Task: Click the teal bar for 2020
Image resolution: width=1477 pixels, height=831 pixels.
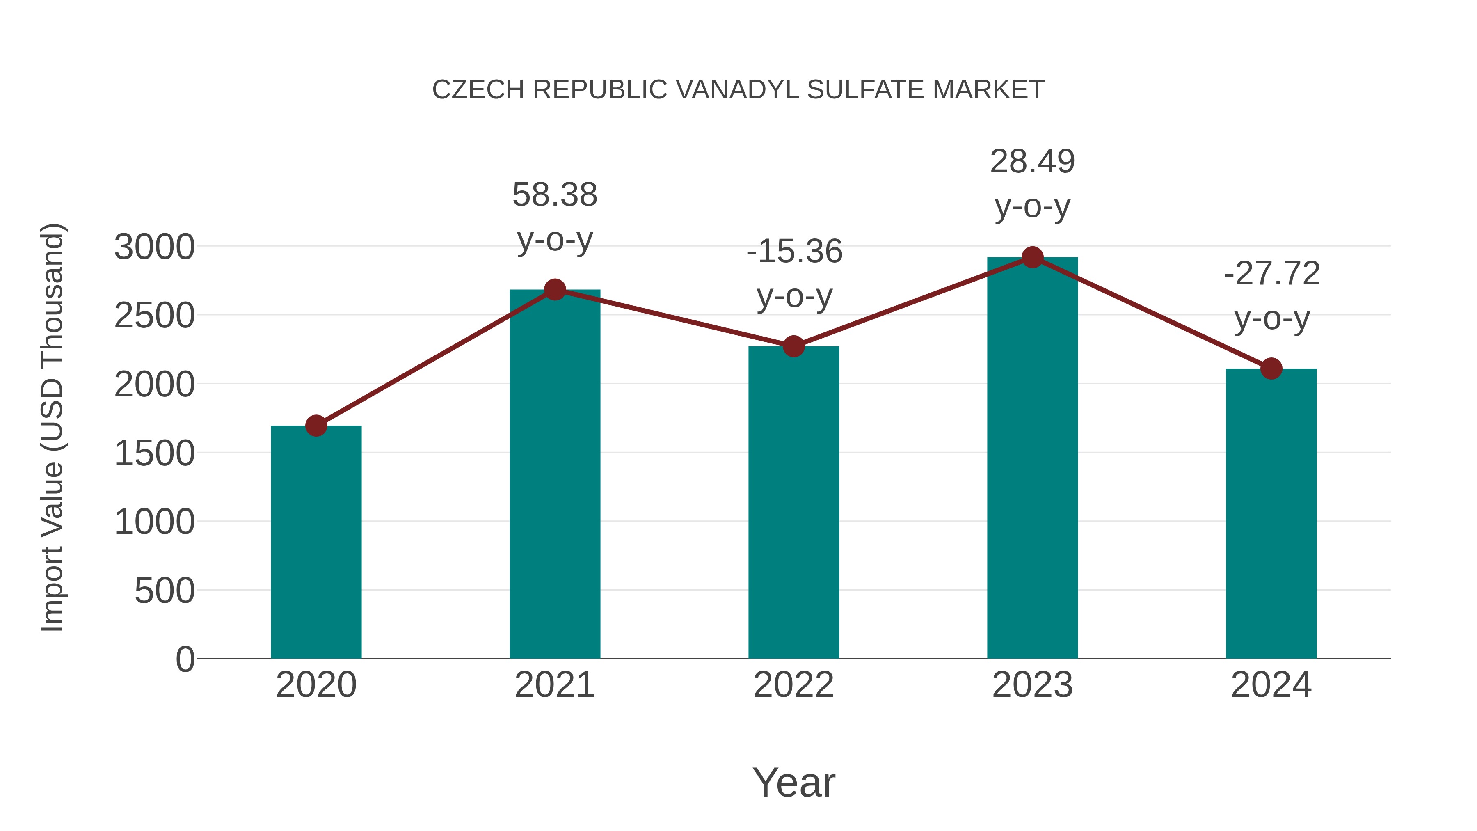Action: [316, 542]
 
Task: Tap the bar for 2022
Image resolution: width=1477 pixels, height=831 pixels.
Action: [793, 502]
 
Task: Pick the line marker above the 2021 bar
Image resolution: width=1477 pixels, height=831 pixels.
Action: [554, 290]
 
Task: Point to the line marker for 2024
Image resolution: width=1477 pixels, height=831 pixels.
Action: [1271, 369]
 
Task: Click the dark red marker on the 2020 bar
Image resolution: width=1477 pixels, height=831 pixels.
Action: [316, 426]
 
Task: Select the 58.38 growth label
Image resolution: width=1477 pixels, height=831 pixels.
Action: [554, 195]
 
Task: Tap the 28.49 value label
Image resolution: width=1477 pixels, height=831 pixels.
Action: [1032, 162]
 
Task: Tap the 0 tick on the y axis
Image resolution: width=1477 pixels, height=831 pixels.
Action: [185, 659]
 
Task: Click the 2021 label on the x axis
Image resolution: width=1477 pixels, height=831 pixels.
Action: [554, 685]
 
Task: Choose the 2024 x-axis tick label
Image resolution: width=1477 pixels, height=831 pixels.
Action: [1271, 685]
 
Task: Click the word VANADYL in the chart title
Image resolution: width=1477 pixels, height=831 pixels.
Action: [736, 90]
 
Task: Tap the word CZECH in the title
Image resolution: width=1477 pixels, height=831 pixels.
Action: [478, 90]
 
